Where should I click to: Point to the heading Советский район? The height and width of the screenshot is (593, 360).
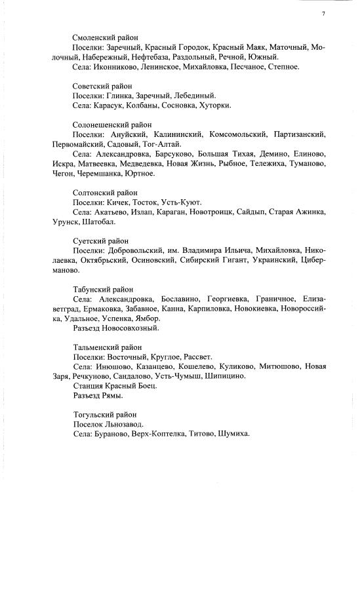point(102,86)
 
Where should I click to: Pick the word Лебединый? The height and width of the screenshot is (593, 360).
point(195,96)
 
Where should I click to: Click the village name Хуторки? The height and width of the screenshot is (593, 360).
point(214,105)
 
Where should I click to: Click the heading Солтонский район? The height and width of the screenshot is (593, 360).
point(105,193)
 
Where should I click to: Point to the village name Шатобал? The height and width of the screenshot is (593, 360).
point(98,221)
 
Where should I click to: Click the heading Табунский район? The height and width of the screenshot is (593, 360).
point(103,289)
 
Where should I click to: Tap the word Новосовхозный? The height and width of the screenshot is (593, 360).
point(130,328)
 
